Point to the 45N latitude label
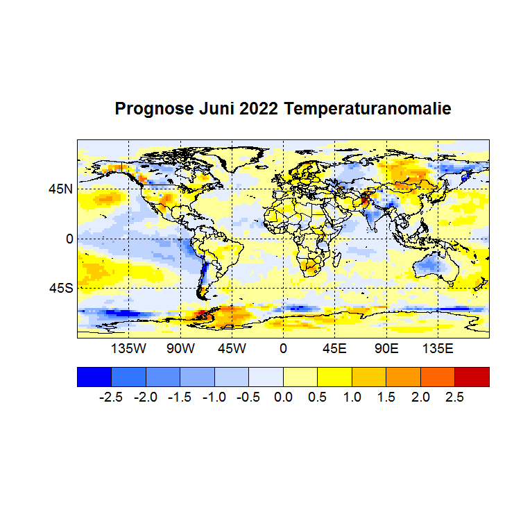(60, 189)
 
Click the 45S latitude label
(60, 288)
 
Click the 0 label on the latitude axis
(69, 239)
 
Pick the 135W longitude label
(129, 348)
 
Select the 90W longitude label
(180, 348)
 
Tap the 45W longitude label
(232, 348)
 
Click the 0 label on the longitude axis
(283, 348)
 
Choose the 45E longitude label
(334, 348)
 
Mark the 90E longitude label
(386, 348)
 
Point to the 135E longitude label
(437, 348)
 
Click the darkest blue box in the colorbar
(94, 377)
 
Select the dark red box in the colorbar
(472, 377)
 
